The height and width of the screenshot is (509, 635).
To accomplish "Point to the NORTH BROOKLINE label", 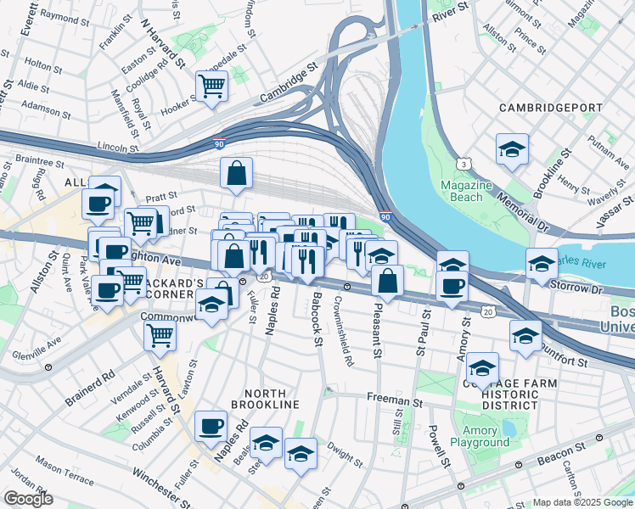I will (271, 399).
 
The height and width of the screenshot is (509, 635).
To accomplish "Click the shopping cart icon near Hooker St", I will (211, 85).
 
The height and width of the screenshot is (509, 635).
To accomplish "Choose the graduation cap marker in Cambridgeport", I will (512, 150).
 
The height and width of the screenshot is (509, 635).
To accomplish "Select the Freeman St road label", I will (394, 397).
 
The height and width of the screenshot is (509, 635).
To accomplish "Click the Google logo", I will (28, 499).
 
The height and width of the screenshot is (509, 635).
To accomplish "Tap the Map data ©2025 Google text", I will (582, 502).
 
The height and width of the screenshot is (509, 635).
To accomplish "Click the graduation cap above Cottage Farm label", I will (482, 368).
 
